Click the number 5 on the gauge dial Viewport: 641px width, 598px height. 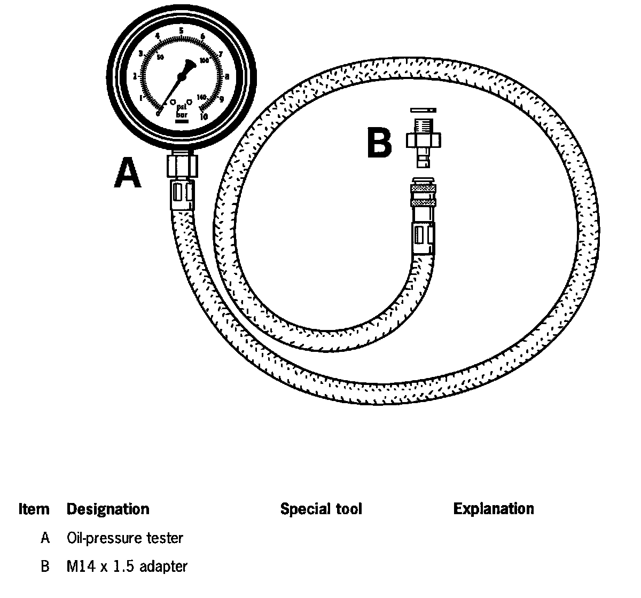pyautogui.click(x=182, y=30)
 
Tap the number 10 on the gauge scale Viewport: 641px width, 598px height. pyautogui.click(x=204, y=116)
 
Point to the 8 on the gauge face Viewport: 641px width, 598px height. pyautogui.click(x=227, y=76)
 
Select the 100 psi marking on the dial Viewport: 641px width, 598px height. pyautogui.click(x=204, y=61)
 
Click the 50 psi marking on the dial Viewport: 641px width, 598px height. pyautogui.click(x=160, y=58)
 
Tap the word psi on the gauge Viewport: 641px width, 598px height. pyautogui.click(x=182, y=107)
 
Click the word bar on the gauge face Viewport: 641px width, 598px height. pyautogui.click(x=182, y=114)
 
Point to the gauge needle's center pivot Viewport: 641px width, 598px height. pyautogui.click(x=182, y=77)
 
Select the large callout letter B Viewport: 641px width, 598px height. pyautogui.click(x=379, y=143)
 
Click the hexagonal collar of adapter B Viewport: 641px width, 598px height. pyautogui.click(x=425, y=140)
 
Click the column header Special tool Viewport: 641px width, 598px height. pyautogui.click(x=321, y=509)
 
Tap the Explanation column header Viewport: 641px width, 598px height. pyautogui.click(x=493, y=509)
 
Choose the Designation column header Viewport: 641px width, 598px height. pyautogui.click(x=108, y=509)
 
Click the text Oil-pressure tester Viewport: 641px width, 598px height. pyautogui.click(x=125, y=538)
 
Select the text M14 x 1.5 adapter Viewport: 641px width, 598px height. pyautogui.click(x=127, y=566)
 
